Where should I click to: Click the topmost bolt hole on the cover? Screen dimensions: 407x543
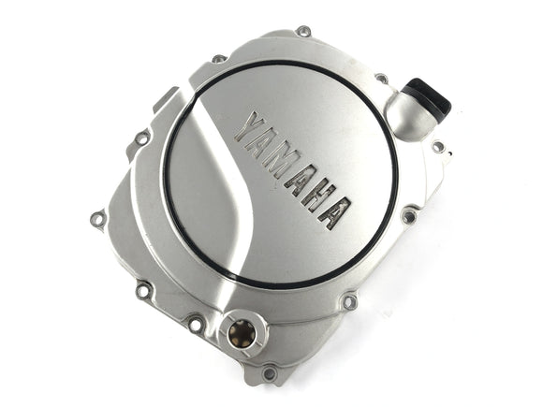(303, 32)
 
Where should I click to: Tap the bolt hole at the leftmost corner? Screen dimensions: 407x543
(96, 220)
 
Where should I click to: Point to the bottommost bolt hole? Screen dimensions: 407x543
(270, 373)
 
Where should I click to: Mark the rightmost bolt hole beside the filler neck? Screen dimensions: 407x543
(438, 146)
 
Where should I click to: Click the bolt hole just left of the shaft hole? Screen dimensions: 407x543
(196, 325)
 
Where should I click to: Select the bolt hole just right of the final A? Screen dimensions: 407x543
(408, 216)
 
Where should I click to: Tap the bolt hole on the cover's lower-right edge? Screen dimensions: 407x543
(349, 301)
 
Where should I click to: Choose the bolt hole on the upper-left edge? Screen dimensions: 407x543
(142, 138)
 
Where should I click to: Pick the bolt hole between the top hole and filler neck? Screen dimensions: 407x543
(382, 79)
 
